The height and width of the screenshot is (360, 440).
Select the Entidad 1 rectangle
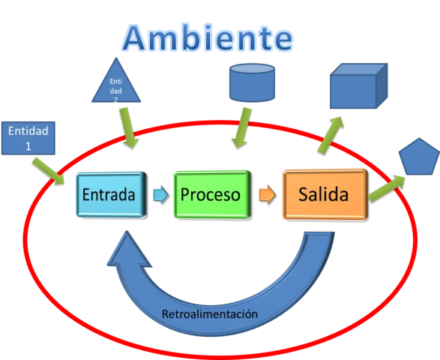click(x=28, y=137)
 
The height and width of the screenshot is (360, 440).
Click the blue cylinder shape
click(x=250, y=82)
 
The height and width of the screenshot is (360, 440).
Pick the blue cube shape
click(x=359, y=86)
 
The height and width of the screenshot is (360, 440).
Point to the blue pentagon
click(x=418, y=157)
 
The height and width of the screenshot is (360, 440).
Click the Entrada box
click(x=109, y=195)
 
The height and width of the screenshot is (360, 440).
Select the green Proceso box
click(x=211, y=195)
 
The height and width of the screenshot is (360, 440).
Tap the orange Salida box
click(x=324, y=195)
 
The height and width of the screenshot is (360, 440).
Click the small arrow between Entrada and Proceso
click(x=160, y=195)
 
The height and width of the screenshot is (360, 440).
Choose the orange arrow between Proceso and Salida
click(x=266, y=195)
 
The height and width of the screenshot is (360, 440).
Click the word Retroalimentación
click(x=209, y=313)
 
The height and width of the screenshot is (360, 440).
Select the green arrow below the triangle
click(x=128, y=127)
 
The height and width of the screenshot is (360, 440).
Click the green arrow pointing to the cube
click(x=329, y=135)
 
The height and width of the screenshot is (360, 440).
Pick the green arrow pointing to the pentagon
click(x=386, y=188)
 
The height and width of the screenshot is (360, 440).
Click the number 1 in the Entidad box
click(x=28, y=145)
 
